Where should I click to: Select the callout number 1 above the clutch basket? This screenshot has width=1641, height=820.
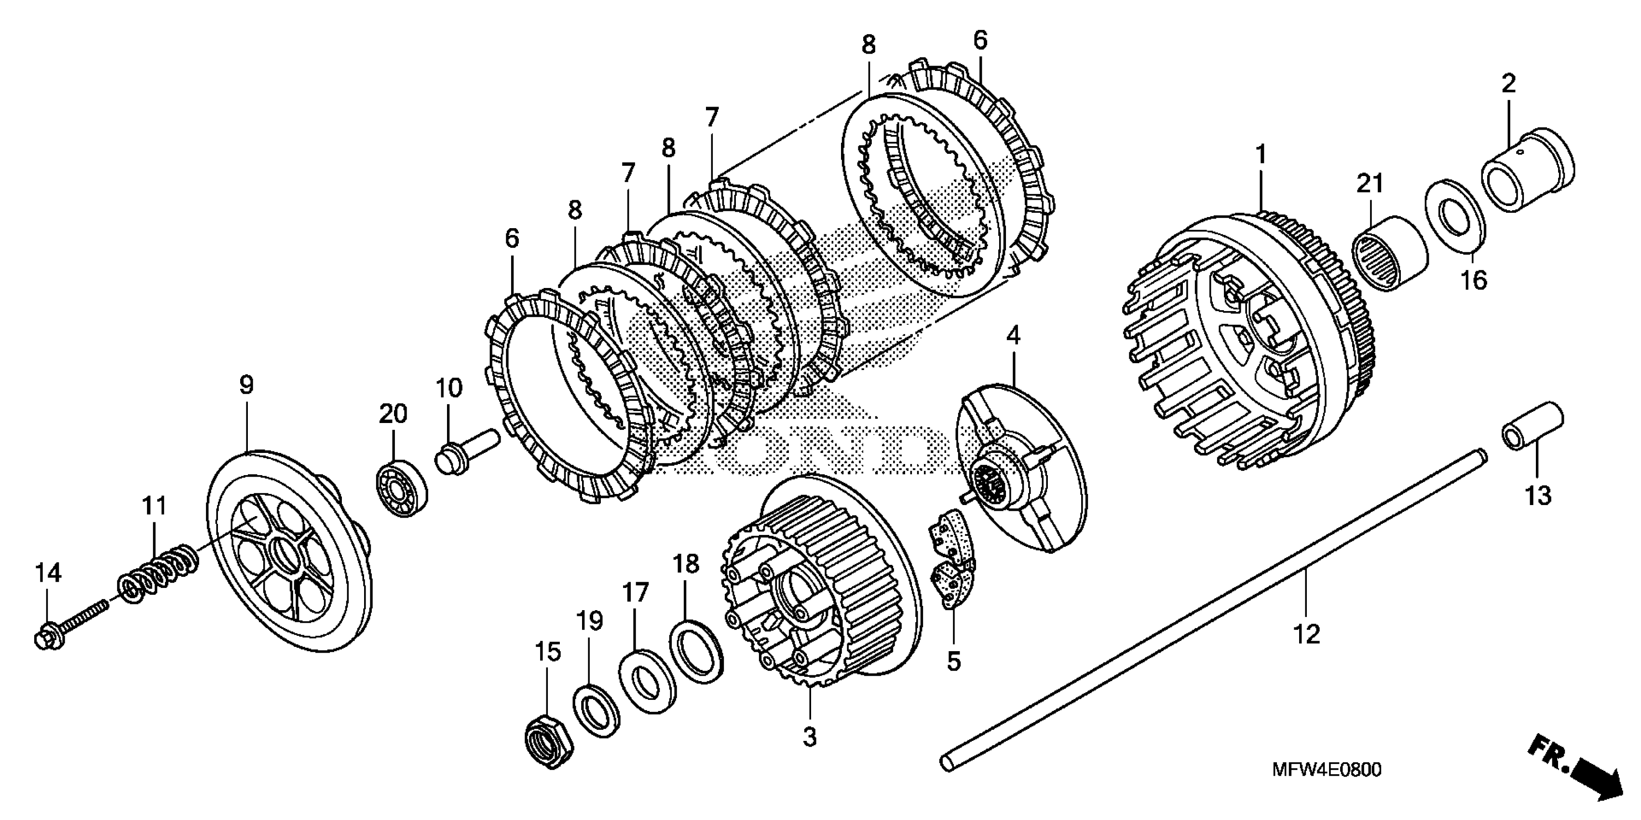click(1260, 155)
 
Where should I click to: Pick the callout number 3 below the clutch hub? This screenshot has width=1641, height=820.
click(809, 738)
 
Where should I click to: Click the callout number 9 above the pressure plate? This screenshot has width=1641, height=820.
click(246, 385)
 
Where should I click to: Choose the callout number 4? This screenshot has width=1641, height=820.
click(1013, 335)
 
